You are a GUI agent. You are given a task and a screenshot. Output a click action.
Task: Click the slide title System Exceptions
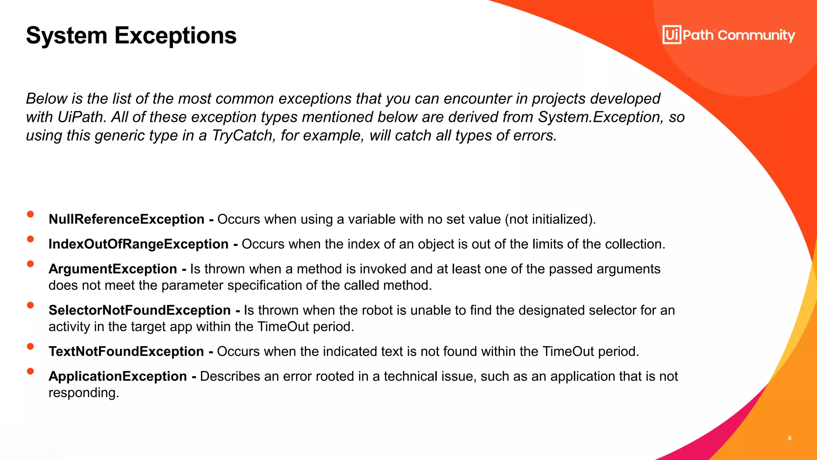(131, 36)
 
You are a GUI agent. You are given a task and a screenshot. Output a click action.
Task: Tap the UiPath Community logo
(728, 35)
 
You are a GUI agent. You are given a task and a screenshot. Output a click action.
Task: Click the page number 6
(789, 438)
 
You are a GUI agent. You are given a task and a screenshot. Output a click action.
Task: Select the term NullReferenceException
(126, 219)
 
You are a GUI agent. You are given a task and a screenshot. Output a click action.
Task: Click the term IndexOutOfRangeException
(138, 244)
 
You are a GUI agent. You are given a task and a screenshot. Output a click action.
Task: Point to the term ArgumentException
(113, 269)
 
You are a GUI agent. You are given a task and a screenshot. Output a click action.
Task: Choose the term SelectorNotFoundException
(140, 310)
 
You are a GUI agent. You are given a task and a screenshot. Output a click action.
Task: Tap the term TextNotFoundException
(126, 351)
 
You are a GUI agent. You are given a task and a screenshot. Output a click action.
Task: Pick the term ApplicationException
(118, 376)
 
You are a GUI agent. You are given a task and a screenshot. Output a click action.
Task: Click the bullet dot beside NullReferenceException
(30, 214)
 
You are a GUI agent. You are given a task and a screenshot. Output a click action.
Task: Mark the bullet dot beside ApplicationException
(30, 371)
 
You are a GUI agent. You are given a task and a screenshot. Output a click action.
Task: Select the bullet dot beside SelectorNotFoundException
(30, 305)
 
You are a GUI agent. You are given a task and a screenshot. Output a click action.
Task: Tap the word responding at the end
(83, 393)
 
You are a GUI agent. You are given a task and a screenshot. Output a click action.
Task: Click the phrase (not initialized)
(550, 219)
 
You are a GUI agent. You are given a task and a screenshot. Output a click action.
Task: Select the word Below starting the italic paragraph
(46, 99)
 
